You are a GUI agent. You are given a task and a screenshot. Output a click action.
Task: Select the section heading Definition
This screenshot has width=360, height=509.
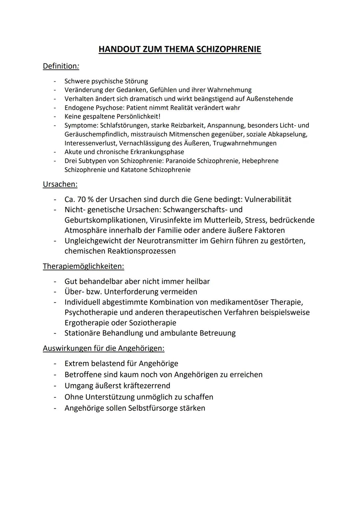pyautogui.click(x=60, y=66)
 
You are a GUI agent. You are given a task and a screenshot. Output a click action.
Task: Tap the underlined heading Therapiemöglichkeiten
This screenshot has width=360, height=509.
pyautogui.click(x=83, y=266)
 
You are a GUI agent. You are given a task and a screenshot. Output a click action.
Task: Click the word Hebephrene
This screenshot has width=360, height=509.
pyautogui.click(x=260, y=161)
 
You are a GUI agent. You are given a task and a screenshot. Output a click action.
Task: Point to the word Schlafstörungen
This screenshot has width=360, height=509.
pyautogui.click(x=124, y=125)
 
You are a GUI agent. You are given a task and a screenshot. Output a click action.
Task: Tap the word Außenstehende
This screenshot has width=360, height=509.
pyautogui.click(x=270, y=99)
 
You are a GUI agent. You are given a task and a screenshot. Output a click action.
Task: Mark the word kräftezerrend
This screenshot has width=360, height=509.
pyautogui.click(x=147, y=386)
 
